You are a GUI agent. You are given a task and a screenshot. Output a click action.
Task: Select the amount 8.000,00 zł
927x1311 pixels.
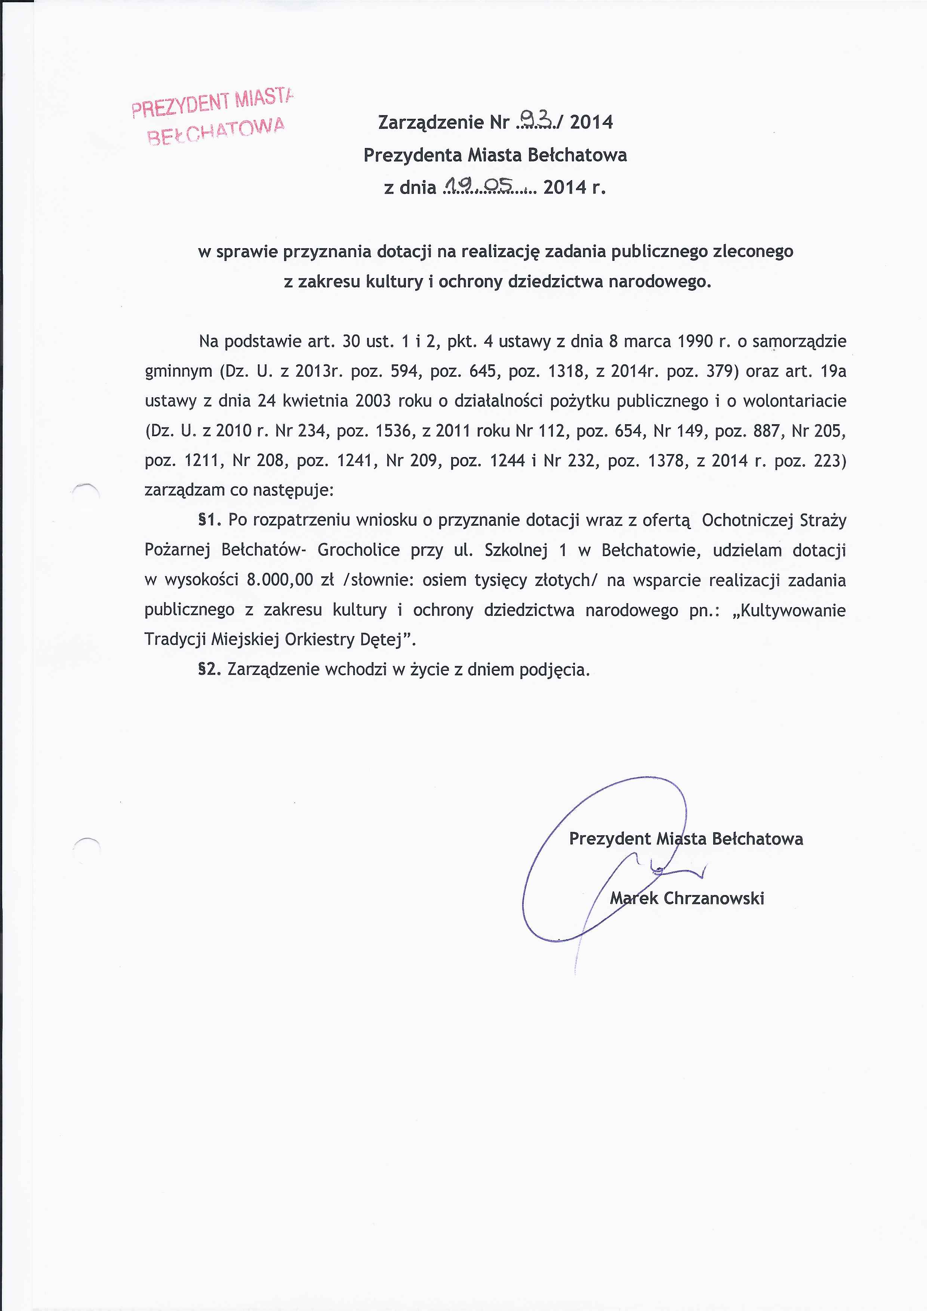(290, 580)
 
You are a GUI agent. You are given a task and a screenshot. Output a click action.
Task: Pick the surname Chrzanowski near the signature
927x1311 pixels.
(714, 898)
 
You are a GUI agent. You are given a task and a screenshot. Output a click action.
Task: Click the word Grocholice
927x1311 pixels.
(358, 550)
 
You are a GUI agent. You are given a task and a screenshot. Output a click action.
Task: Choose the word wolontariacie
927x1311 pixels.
(794, 401)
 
